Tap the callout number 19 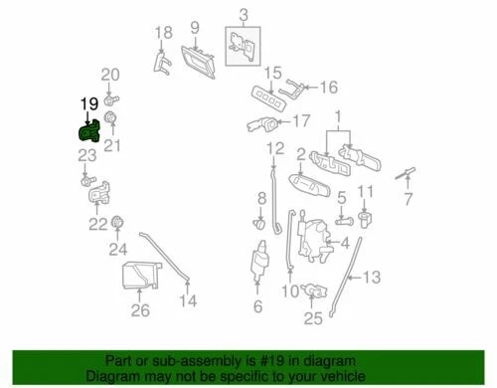click(88, 103)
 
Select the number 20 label click(110, 75)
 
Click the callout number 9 click(195, 27)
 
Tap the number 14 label click(188, 299)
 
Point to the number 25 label click(313, 320)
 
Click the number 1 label click(338, 116)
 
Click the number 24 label click(118, 248)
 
